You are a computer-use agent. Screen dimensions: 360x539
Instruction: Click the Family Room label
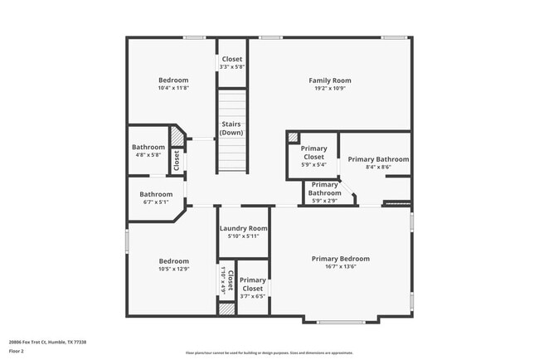[x=330, y=80]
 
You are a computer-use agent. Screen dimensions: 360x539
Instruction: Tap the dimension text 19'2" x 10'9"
[x=330, y=88]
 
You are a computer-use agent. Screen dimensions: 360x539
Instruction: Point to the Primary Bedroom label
[x=340, y=259]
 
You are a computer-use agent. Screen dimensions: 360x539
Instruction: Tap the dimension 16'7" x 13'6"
[x=340, y=266]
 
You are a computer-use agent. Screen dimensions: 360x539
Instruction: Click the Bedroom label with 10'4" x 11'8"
[x=174, y=80]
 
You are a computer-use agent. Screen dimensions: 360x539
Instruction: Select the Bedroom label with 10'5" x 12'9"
[x=174, y=260]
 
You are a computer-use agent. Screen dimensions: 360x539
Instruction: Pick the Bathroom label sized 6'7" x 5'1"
[x=157, y=194]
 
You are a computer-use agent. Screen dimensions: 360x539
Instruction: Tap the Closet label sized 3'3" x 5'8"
[x=231, y=60]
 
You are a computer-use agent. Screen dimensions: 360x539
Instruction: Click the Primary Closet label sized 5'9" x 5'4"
[x=313, y=153]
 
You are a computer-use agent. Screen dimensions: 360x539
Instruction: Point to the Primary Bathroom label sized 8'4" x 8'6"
[x=378, y=159]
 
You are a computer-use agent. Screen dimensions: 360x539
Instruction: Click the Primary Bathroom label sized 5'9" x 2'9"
[x=324, y=189]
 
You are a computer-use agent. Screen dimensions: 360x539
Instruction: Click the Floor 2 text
[x=17, y=351]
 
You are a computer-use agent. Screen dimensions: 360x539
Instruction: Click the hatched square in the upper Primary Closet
[x=293, y=138]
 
